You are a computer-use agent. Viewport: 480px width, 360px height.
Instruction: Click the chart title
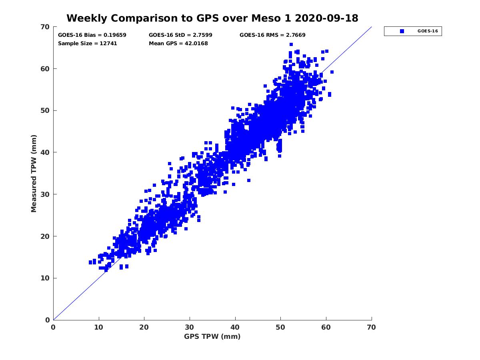(212, 18)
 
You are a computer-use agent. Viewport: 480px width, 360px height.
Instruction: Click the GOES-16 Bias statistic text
(92, 35)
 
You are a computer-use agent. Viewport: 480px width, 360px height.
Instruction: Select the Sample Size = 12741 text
(88, 43)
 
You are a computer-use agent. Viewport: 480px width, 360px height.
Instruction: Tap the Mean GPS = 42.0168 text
(178, 43)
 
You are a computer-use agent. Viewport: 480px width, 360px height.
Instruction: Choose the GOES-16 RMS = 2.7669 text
(272, 35)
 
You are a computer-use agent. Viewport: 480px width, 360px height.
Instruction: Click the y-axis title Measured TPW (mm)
(34, 173)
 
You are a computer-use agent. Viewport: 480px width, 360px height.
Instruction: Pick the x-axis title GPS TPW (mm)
(212, 336)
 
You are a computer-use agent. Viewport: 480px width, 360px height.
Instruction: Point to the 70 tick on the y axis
(45, 27)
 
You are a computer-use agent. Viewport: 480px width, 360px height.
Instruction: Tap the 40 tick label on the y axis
(45, 152)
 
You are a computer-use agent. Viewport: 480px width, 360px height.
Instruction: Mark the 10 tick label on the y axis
(45, 278)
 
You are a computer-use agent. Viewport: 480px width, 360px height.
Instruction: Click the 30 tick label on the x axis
(190, 327)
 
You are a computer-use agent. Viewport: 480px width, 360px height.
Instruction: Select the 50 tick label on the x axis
(281, 327)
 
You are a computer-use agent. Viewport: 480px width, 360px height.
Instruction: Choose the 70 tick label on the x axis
(372, 327)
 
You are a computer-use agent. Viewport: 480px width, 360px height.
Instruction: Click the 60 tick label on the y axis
(45, 69)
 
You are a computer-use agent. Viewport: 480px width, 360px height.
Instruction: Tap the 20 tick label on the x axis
(144, 327)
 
